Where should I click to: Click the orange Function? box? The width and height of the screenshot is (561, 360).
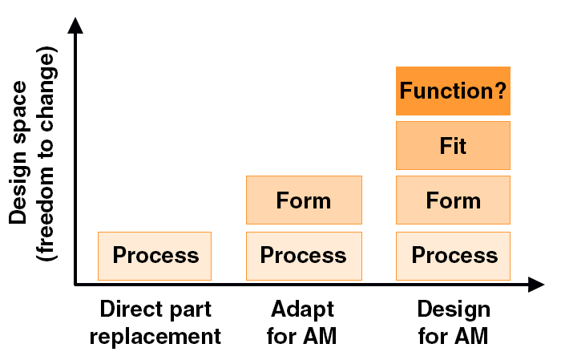pos(453,91)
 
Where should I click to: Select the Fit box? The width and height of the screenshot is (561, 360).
pos(453,145)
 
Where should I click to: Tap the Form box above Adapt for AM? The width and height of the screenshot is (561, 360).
pos(304,200)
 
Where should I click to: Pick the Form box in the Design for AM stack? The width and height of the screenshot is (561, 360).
pos(453,200)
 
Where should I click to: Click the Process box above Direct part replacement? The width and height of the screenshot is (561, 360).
pos(155,256)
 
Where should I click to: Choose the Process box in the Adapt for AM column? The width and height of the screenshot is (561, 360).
pos(304,256)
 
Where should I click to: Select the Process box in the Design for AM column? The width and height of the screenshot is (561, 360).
pos(453,256)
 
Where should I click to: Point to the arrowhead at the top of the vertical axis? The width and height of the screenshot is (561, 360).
pos(75,26)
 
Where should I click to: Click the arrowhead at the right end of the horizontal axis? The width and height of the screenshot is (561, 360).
pos(536,285)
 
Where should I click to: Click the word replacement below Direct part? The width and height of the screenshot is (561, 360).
pos(155,337)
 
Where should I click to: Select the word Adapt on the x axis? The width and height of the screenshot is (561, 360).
pos(303,310)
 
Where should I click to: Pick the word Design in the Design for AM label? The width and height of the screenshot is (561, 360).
pos(454,310)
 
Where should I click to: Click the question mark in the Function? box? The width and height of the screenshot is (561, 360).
pos(501,90)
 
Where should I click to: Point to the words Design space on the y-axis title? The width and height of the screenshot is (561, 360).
pos(18,152)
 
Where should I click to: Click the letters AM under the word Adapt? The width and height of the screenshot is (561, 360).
pos(319,337)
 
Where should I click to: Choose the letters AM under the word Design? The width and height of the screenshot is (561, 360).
pos(470,337)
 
